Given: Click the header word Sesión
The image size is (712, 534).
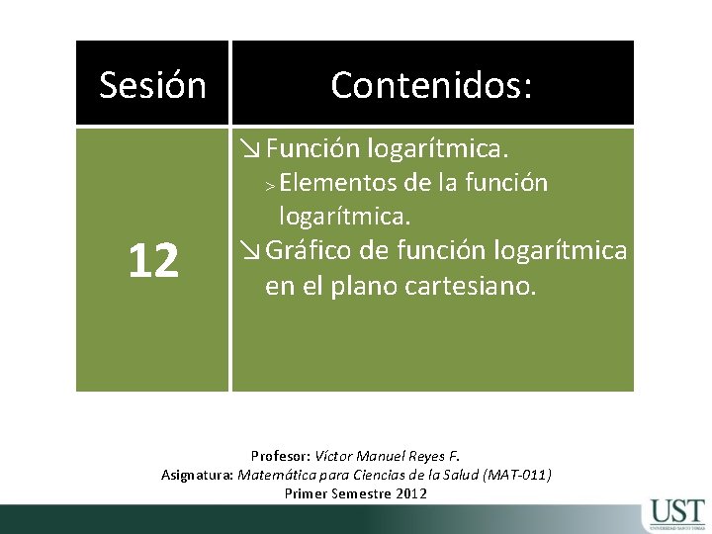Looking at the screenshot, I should click(152, 85).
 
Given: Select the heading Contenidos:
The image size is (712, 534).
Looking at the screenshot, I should click(431, 85).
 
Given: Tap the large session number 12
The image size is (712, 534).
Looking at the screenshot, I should click(152, 261).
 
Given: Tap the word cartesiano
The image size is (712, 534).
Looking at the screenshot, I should click(475, 287).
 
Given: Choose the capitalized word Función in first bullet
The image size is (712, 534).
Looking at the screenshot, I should click(311, 149).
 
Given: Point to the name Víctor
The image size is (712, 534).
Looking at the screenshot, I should click(336, 456).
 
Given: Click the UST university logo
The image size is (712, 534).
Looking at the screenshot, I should click(677, 515).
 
